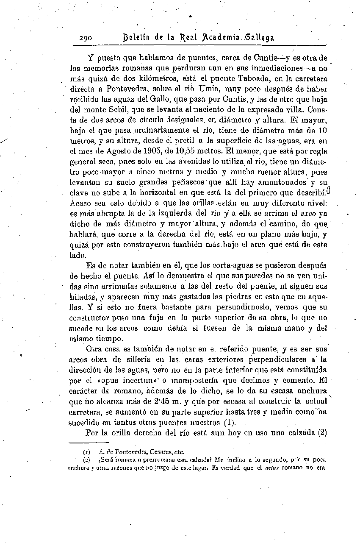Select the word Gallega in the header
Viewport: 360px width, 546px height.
tap(258, 38)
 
